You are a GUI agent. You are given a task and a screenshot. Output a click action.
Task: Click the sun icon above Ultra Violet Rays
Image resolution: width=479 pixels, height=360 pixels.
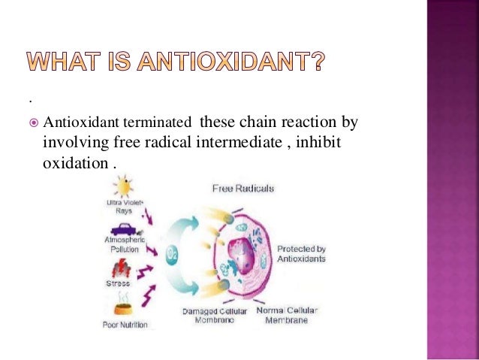click(123, 186)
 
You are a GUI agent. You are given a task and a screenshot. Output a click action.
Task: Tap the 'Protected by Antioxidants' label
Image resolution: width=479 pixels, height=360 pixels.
click(302, 253)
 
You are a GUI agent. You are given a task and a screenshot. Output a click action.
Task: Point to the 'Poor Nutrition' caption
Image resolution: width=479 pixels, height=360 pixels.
click(125, 325)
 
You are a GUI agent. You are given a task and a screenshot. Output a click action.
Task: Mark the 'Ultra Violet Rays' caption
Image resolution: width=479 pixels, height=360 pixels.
click(124, 207)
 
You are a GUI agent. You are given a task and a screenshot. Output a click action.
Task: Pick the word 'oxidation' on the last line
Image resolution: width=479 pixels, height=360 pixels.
click(72, 162)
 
